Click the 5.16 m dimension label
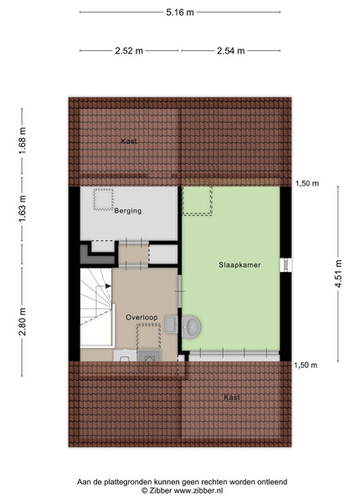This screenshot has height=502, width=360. coord(180,13)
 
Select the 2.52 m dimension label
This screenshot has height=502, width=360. coord(129,50)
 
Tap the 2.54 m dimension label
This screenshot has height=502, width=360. coord(231,50)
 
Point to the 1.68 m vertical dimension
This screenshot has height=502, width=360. coord(23,141)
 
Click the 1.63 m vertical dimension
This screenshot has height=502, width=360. coord(23,208)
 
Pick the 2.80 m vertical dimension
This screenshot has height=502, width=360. coord(23,321)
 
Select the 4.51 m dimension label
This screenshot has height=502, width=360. coord(338,274)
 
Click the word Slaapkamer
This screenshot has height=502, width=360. coord(239,265)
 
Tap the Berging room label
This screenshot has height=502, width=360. coord(128,211)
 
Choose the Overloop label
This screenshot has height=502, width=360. coord(141,317)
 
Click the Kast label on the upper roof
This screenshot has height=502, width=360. coord(129,141)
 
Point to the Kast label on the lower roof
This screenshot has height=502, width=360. coord(232,397)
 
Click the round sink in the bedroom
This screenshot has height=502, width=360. coord(192,326)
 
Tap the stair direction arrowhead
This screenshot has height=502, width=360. coord(108,286)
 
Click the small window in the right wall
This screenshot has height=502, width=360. coord(285,265)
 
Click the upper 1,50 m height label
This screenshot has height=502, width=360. coord(306,183)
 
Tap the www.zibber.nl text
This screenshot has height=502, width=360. coord(198,490)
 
